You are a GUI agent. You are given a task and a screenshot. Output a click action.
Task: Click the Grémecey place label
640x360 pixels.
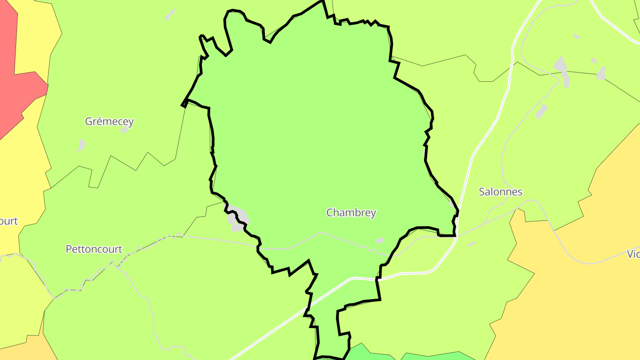point(109,121)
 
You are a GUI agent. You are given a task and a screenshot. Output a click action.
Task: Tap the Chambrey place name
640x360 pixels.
point(351,213)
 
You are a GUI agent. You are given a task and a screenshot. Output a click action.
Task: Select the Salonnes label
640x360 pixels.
point(500,192)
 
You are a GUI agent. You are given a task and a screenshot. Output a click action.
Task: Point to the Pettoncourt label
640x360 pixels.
point(94,249)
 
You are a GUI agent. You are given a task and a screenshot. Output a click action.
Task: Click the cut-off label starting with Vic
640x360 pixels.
point(633,254)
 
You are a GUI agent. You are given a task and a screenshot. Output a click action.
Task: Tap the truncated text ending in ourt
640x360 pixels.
point(8,221)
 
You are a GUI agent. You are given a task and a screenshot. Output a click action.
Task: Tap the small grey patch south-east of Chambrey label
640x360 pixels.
point(380,240)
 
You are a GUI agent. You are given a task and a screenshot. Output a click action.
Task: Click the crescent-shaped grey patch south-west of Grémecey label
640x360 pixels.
point(81,145)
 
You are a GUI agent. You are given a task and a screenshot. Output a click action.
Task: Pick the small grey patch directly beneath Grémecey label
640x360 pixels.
point(124,131)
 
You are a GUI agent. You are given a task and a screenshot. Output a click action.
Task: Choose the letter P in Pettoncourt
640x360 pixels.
point(69,249)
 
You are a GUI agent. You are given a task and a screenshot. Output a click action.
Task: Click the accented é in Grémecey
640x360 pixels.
point(100,121)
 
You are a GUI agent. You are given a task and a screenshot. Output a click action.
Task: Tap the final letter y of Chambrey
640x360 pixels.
point(373,214)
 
